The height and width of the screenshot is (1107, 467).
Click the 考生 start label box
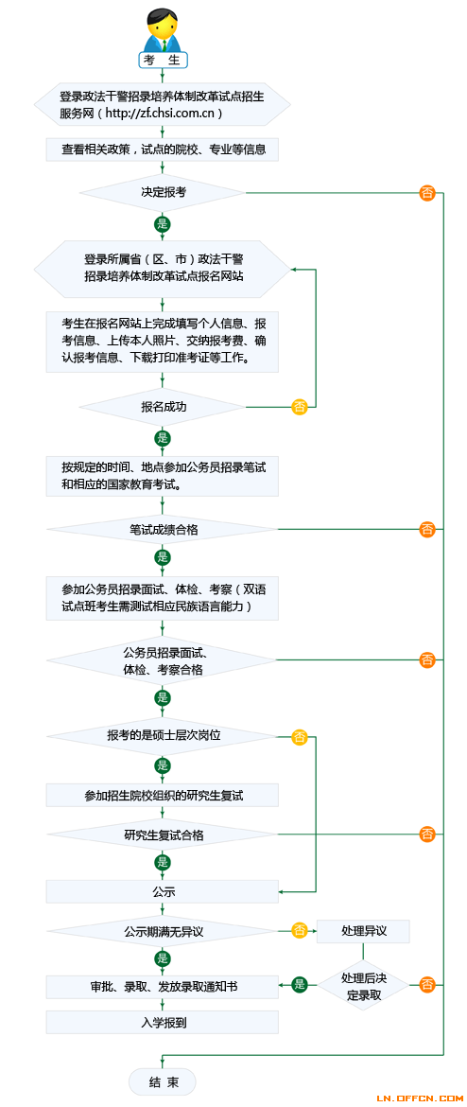tap(163, 60)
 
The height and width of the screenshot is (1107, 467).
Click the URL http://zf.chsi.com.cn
tap(163, 113)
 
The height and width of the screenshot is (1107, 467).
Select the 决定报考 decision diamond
tap(163, 192)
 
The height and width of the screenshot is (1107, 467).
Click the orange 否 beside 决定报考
tap(427, 192)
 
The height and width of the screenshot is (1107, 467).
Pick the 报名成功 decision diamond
tap(163, 407)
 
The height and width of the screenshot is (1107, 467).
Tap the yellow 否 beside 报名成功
tap(300, 407)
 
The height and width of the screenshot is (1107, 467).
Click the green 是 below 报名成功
tap(163, 438)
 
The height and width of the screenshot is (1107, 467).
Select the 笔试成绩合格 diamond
tap(163, 529)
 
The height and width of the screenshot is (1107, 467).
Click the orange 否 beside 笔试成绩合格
tap(427, 529)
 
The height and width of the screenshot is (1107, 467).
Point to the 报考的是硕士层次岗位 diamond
tap(163, 736)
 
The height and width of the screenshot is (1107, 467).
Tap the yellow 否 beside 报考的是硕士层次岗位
tap(300, 737)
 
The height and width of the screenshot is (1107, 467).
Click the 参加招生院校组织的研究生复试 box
tap(163, 795)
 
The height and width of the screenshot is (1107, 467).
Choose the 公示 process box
tap(163, 891)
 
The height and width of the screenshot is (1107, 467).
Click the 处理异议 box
tap(363, 930)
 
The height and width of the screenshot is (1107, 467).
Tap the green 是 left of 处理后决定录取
tap(300, 984)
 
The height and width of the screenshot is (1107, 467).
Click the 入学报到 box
tap(163, 1022)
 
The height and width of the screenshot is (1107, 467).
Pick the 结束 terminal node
tap(163, 1081)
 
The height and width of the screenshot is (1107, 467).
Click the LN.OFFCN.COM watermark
tap(419, 1098)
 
